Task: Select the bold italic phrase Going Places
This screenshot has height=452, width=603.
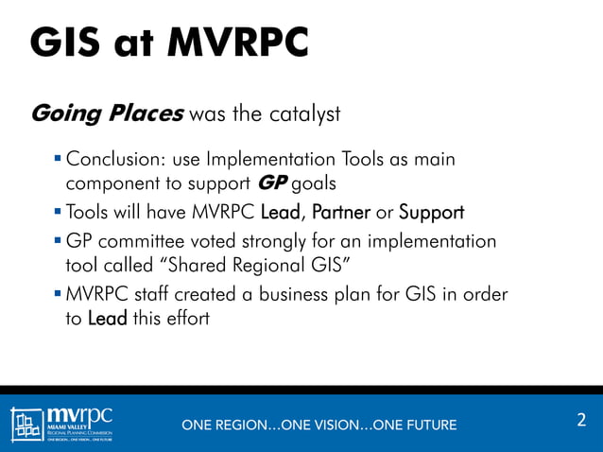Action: tap(107, 114)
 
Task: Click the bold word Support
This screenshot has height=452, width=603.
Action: tap(431, 212)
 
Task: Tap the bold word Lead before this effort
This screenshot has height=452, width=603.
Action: tap(107, 318)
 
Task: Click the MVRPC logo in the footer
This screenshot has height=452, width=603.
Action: tap(62, 422)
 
